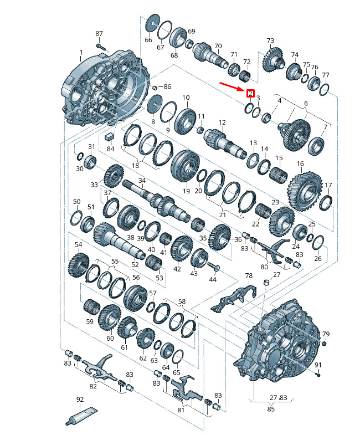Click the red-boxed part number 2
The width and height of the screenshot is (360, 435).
[x=250, y=93]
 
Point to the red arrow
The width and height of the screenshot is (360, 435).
[x=232, y=86]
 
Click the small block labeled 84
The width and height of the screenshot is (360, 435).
[x=110, y=136]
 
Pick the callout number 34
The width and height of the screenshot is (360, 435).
[x=142, y=180]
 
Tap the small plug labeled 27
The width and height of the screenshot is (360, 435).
[x=266, y=283]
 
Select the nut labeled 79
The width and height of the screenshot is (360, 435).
[x=324, y=344]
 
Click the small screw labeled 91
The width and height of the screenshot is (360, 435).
[x=318, y=374]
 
